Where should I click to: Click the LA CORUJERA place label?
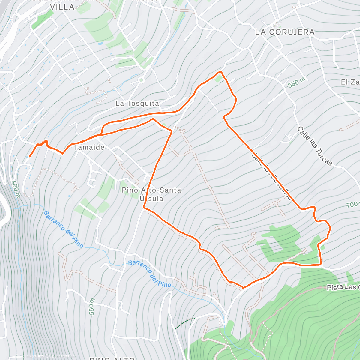click(285, 32)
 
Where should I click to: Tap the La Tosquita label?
click(137, 103)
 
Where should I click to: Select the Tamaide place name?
click(89, 147)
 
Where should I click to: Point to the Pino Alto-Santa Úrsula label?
click(151, 194)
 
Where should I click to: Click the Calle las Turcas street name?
click(315, 146)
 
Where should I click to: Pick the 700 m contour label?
click(353, 205)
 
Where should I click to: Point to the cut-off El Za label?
click(350, 82)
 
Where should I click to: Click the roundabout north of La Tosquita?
click(141, 80)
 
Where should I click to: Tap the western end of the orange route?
click(29, 156)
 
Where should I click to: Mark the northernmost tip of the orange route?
click(221, 72)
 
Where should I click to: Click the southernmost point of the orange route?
click(243, 288)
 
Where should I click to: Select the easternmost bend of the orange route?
click(330, 228)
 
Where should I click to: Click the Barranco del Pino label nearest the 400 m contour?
click(63, 229)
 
